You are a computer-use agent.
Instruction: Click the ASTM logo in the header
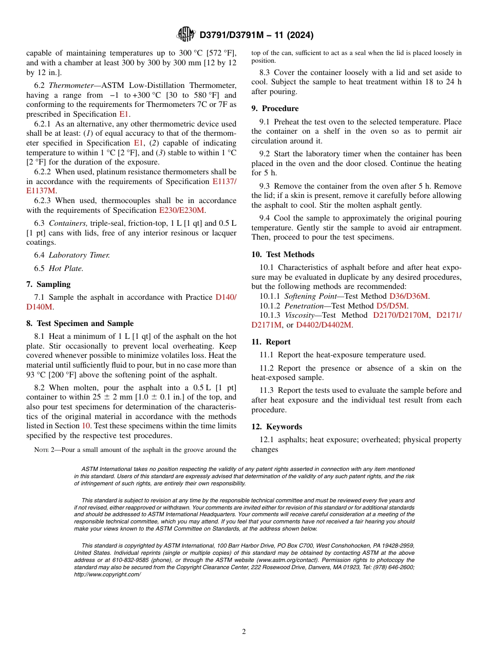tap(185, 34)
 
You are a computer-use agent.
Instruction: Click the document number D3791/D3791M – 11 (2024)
tap(256, 35)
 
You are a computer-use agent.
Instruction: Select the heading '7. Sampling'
tap(48, 284)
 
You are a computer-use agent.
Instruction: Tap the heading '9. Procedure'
tap(275, 108)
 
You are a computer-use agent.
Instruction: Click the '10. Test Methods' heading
tap(283, 255)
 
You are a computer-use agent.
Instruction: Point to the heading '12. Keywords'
tap(276, 427)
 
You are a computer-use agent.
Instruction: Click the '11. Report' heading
tap(271, 342)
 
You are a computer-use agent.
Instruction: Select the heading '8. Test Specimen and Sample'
tap(80, 323)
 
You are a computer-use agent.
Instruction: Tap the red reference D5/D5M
tap(392, 305)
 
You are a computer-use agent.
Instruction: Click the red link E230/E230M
tap(182, 210)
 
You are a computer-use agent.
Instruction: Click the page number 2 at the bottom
tap(244, 632)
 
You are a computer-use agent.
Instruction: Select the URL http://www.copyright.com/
tap(107, 574)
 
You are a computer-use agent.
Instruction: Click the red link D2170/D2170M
tap(401, 315)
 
